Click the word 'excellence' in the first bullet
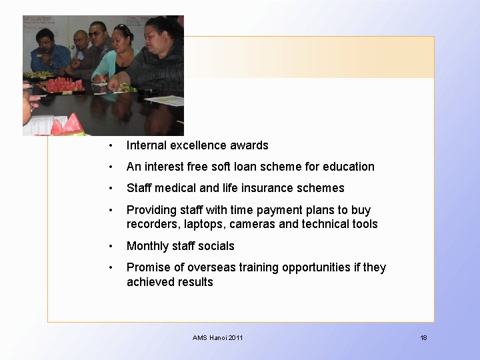[x=197, y=145]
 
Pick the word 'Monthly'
[x=147, y=246]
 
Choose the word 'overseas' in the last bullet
[x=209, y=267]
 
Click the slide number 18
[x=423, y=338]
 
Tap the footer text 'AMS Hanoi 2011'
[x=218, y=338]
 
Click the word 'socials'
[x=215, y=246]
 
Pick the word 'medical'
[x=176, y=188]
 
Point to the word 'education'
[x=349, y=167]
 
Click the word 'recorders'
[x=152, y=224]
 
